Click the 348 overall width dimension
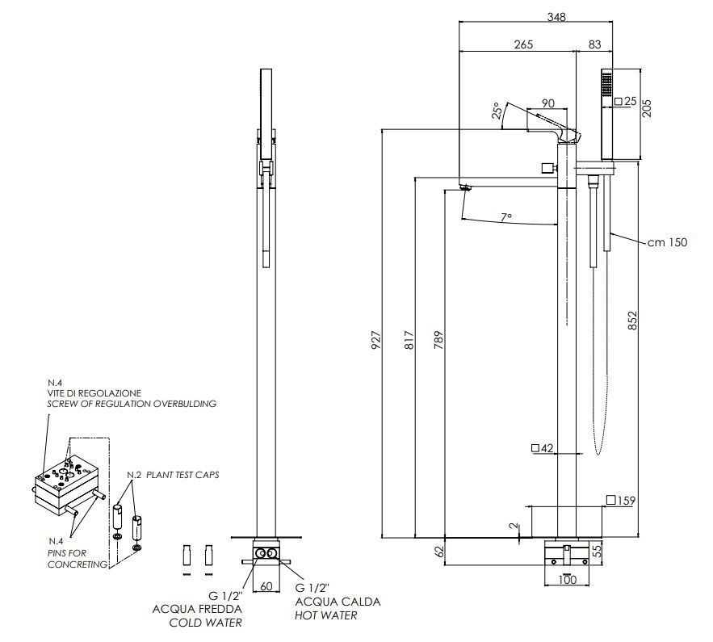point(556,16)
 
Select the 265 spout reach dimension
point(523,45)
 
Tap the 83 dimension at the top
point(595,45)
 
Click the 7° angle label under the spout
point(506,217)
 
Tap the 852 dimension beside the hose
point(631,321)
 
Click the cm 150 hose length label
point(667,242)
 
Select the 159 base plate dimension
point(626,501)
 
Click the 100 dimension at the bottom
point(567,581)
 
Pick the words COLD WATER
point(205,623)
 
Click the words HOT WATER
point(326,615)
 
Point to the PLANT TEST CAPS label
point(182,475)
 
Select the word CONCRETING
point(78,564)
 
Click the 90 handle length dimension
point(547,103)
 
